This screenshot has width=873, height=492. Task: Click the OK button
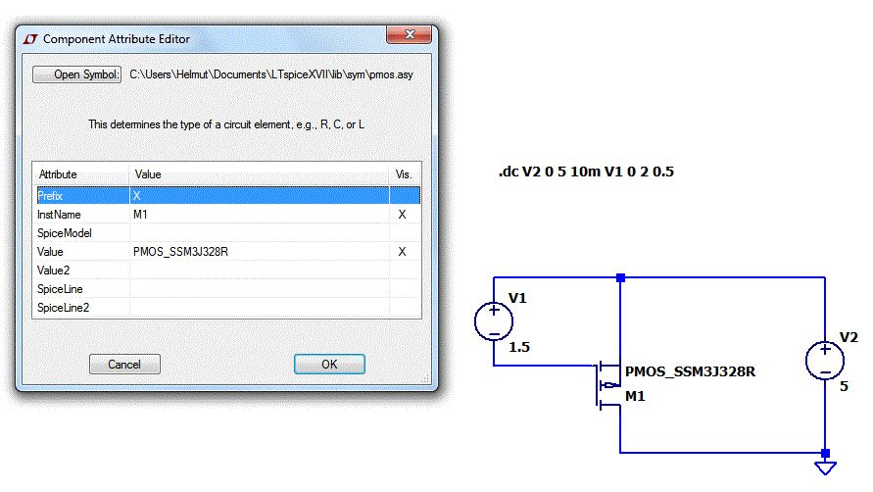pos(329,364)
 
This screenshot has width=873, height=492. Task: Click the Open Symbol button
pos(76,74)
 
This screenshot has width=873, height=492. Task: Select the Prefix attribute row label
pos(51,196)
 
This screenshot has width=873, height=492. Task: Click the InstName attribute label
pos(59,215)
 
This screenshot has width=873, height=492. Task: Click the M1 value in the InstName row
pos(140,215)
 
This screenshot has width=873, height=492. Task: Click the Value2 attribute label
pos(54,271)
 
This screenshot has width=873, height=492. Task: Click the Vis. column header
pos(404,174)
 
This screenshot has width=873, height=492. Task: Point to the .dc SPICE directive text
pos(586,172)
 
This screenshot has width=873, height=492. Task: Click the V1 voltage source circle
pos(493,321)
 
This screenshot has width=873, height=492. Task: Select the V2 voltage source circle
pos(825,360)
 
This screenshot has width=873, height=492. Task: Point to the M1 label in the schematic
pos(635,396)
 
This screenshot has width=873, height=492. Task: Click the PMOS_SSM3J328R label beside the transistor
pos(690,372)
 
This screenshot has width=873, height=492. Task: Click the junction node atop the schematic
pos(620,278)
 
